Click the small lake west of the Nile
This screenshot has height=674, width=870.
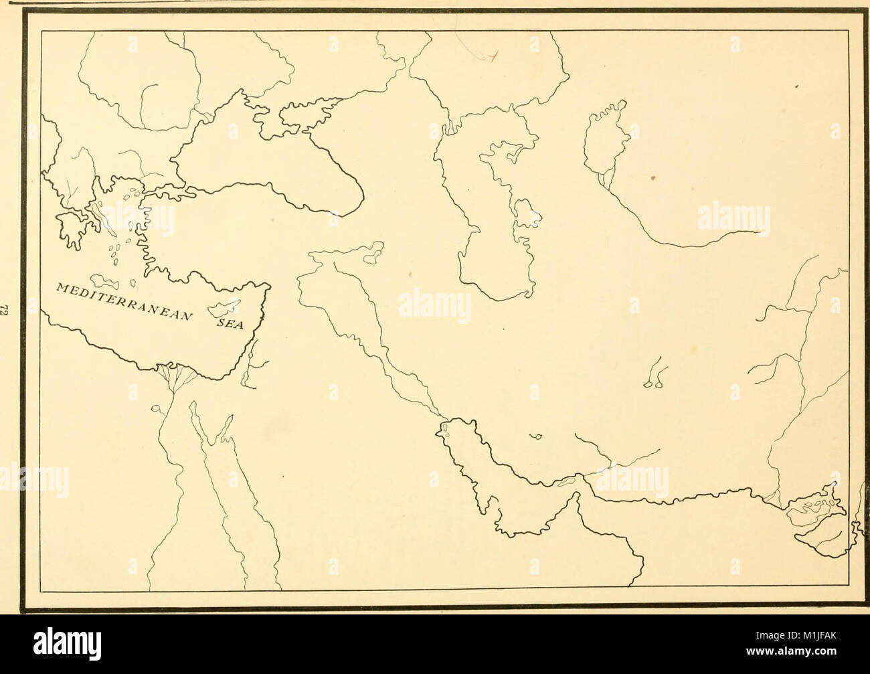pyautogui.click(x=155, y=408)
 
